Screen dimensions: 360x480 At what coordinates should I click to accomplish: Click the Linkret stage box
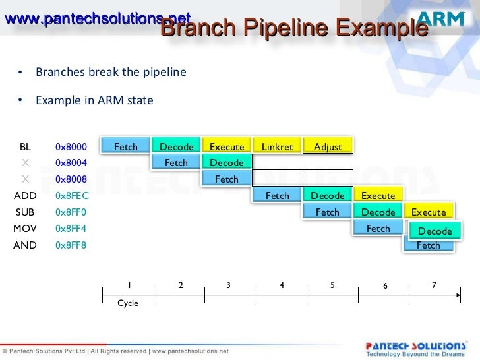tap(277, 146)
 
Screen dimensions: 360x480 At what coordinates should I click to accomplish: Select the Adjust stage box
tap(328, 146)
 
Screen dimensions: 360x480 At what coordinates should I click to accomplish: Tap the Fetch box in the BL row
tap(125, 146)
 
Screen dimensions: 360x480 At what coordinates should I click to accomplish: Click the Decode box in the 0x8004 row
tap(227, 163)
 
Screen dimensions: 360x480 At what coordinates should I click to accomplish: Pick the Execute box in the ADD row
tap(378, 196)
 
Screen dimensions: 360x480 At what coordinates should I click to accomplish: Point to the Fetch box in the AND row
tap(429, 245)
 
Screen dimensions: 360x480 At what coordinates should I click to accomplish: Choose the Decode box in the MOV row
tap(435, 231)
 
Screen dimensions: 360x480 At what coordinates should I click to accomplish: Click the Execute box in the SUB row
tap(429, 212)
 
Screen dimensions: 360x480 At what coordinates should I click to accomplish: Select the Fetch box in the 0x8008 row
tap(227, 179)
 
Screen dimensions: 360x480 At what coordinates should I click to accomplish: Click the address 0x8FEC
tap(72, 196)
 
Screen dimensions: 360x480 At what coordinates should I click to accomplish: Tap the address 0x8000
tap(71, 146)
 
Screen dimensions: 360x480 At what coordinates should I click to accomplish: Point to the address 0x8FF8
tap(71, 245)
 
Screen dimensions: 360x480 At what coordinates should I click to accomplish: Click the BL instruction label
tap(26, 146)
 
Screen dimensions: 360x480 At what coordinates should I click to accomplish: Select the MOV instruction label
tap(26, 229)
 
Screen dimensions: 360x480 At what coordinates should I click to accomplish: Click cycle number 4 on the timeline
tap(282, 285)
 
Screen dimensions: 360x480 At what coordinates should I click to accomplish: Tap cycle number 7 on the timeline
tap(433, 285)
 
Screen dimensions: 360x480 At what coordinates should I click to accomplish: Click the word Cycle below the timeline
tap(128, 303)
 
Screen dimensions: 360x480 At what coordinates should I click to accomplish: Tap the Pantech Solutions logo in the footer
tap(416, 347)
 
